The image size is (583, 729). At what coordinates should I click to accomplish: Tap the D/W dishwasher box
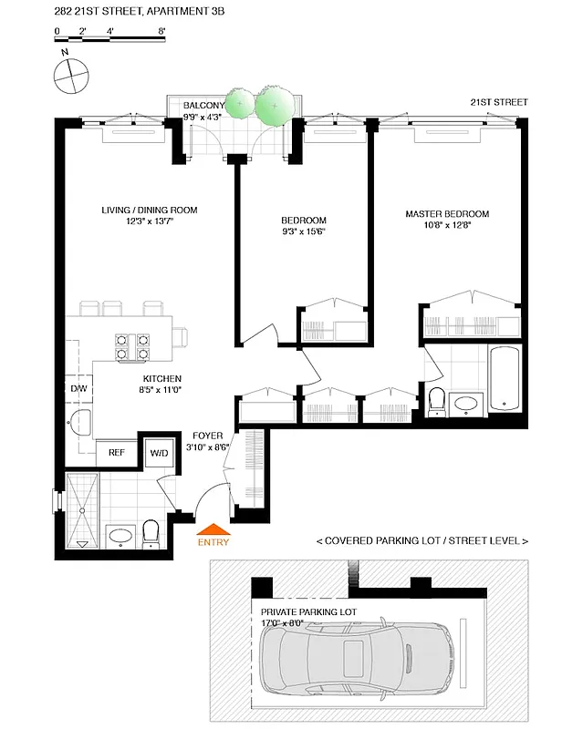point(78,387)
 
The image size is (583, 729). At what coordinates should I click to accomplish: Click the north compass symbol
point(70,76)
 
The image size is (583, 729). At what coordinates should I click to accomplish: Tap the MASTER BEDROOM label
point(447,214)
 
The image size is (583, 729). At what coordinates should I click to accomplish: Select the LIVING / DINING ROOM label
point(149,210)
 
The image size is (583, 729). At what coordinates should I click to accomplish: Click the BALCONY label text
point(203,106)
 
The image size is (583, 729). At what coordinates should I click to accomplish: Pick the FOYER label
point(204,436)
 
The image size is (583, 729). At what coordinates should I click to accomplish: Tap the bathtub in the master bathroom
point(504,378)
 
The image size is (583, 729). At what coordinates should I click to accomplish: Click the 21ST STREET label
point(498,102)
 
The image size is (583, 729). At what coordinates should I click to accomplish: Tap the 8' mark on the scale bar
point(161,32)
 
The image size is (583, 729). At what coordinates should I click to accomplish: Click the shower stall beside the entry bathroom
point(82,510)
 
